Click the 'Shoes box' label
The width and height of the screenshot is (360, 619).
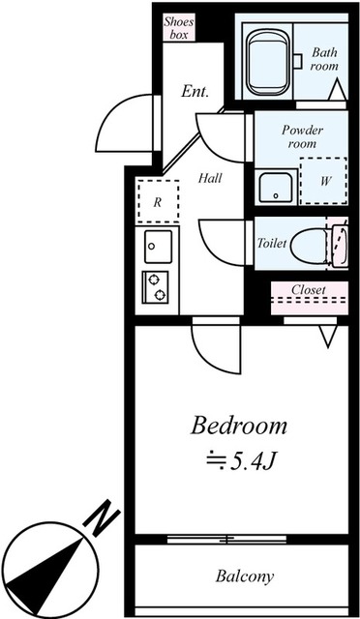click(178, 26)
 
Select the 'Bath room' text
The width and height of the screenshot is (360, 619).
click(325, 60)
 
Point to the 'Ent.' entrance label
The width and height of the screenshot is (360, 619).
click(195, 91)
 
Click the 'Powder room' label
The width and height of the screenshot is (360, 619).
click(301, 136)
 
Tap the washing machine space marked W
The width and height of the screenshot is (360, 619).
click(324, 180)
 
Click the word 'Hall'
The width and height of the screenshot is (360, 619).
click(211, 179)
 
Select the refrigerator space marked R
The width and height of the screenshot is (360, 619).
click(156, 202)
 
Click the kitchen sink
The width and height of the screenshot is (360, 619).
click(157, 249)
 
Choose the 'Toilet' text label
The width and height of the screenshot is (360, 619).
click(272, 244)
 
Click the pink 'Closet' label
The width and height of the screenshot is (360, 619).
click(309, 289)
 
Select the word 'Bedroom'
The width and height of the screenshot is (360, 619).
click(239, 425)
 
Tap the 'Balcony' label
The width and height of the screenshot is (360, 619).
click(244, 576)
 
